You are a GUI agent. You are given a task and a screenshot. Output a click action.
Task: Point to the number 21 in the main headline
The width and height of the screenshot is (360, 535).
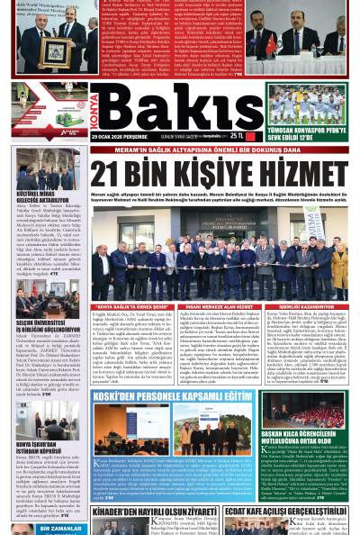109,177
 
